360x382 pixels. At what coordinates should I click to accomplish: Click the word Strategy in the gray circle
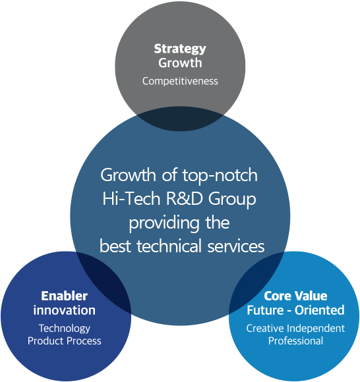pyautogui.click(x=180, y=49)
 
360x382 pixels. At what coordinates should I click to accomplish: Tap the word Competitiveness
pyautogui.click(x=180, y=82)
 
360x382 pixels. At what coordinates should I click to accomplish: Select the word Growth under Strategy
pyautogui.click(x=180, y=63)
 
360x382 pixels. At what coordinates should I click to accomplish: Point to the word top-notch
pyautogui.click(x=220, y=175)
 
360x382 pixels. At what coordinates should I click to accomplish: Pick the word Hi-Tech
pyautogui.click(x=131, y=198)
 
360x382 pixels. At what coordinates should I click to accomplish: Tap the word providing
pyautogui.click(x=164, y=223)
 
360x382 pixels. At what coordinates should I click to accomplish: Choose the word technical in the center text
pyautogui.click(x=169, y=246)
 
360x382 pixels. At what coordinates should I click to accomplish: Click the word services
pyautogui.click(x=236, y=246)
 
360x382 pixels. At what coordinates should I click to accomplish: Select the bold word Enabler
pyautogui.click(x=64, y=296)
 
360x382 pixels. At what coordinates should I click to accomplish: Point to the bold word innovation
pyautogui.click(x=65, y=310)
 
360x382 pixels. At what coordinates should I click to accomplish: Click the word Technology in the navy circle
pyautogui.click(x=65, y=329)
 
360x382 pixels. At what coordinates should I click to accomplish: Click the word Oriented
pyautogui.click(x=320, y=310)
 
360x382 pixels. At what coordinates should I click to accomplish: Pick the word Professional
pyautogui.click(x=295, y=341)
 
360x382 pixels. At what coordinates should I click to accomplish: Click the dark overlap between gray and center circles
pyautogui.click(x=180, y=119)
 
